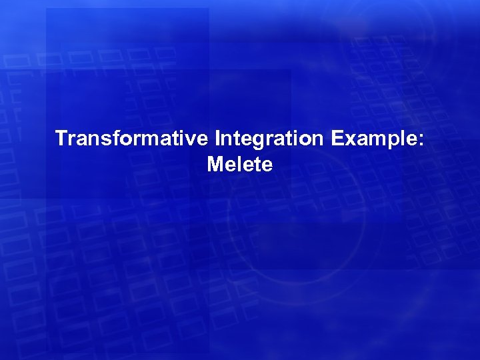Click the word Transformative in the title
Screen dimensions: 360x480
point(133,139)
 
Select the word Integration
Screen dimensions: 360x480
point(267,139)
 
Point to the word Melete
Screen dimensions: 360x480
point(240,164)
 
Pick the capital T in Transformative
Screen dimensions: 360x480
point(61,139)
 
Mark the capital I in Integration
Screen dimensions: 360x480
point(218,139)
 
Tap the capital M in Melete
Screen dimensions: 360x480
point(215,164)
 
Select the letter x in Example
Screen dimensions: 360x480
point(345,140)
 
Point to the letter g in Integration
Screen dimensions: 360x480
point(258,141)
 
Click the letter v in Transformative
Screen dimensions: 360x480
point(194,140)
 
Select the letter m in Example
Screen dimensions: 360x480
point(371,140)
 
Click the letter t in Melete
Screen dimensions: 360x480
point(257,165)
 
